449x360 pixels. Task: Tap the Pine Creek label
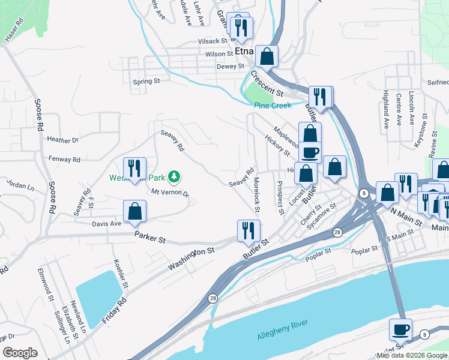point(273,106)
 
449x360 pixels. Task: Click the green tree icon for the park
point(173,177)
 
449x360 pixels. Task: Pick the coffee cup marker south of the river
point(400,329)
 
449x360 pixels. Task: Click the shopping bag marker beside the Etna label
point(267,56)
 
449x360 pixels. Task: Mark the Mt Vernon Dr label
point(170,193)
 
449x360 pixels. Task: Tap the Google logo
point(20,353)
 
